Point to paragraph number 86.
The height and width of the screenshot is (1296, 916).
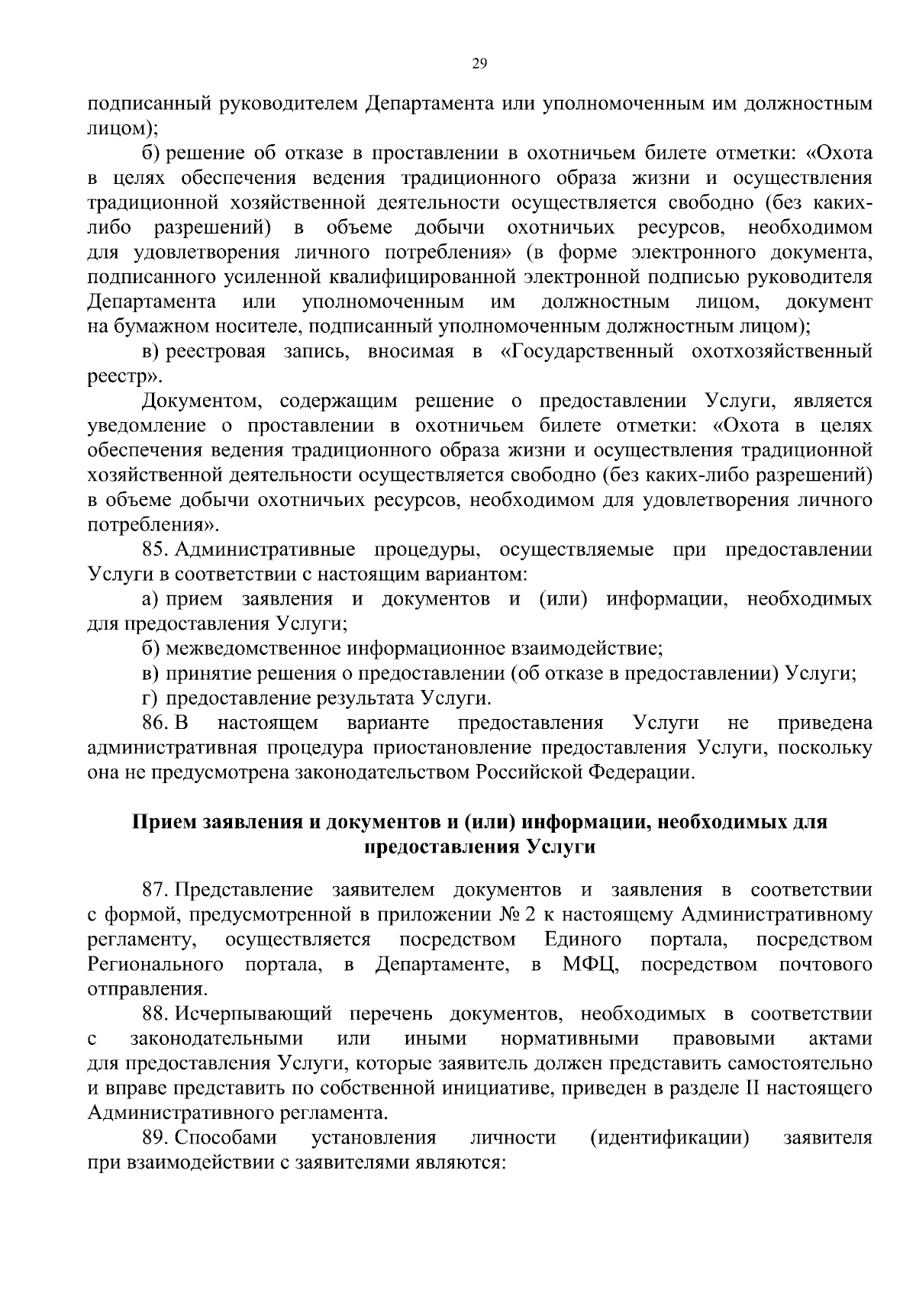(x=154, y=722)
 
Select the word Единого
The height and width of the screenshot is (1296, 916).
(x=583, y=940)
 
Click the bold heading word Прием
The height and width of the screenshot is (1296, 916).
(x=165, y=822)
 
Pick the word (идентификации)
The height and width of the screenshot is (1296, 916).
(x=669, y=1138)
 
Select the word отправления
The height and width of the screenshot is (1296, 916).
(x=147, y=989)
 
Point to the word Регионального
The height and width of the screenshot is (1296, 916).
(x=156, y=965)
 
